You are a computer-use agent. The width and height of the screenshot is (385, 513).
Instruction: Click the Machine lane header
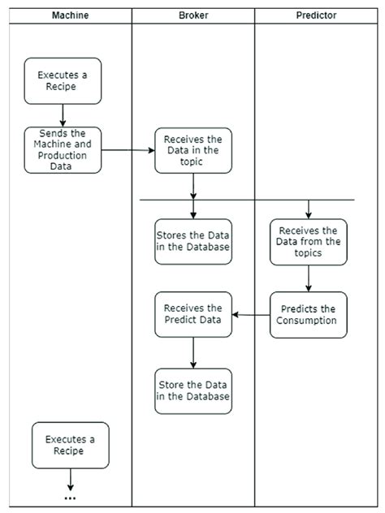[x=70, y=15]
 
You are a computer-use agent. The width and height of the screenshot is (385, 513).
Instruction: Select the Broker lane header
[x=193, y=15]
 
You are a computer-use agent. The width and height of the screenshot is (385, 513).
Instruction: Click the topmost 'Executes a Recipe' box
[x=63, y=80]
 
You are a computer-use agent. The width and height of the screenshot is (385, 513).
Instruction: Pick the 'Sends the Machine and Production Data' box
[x=63, y=150]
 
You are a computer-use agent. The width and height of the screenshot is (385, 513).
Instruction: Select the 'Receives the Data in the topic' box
[x=193, y=150]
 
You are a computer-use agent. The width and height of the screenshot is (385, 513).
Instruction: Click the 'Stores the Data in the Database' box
[x=193, y=242]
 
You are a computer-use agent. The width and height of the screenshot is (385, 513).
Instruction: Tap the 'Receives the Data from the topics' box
[x=309, y=242]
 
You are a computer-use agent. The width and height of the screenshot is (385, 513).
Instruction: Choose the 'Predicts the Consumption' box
[x=309, y=314]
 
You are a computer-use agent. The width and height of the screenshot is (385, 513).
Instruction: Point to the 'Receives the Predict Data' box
[x=193, y=314]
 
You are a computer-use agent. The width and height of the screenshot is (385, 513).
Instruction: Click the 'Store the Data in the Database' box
[x=193, y=391]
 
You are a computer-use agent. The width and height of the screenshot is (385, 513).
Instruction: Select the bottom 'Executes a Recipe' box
[x=70, y=446]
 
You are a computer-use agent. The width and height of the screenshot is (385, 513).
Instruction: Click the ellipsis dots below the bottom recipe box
[x=70, y=498]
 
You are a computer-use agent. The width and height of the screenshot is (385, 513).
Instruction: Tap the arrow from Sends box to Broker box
[x=128, y=150]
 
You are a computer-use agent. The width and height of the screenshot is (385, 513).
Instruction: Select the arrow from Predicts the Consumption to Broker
[x=251, y=314]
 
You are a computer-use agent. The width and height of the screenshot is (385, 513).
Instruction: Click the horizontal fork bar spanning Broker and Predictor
[x=248, y=200]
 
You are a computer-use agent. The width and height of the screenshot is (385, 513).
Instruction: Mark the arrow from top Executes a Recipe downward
[x=63, y=116]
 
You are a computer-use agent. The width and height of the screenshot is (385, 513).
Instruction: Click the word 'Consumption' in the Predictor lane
[x=309, y=320]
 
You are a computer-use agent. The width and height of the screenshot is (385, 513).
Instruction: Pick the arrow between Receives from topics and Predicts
[x=309, y=278]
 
